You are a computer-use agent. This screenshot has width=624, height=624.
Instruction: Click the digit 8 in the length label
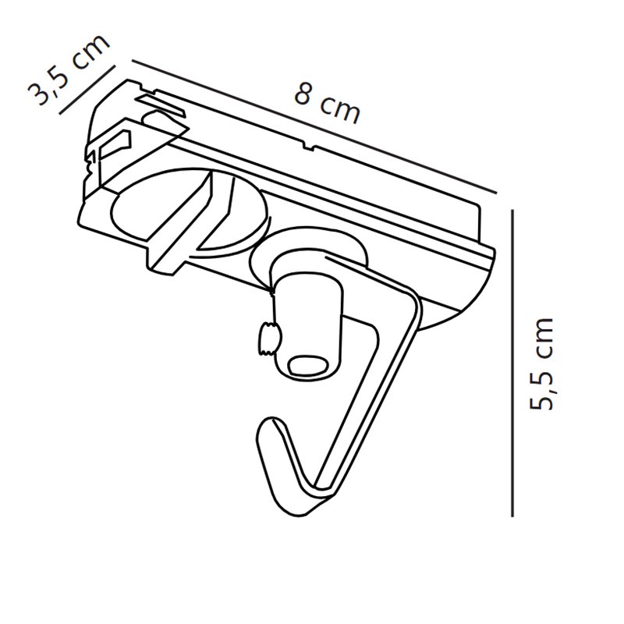tap(302, 94)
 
